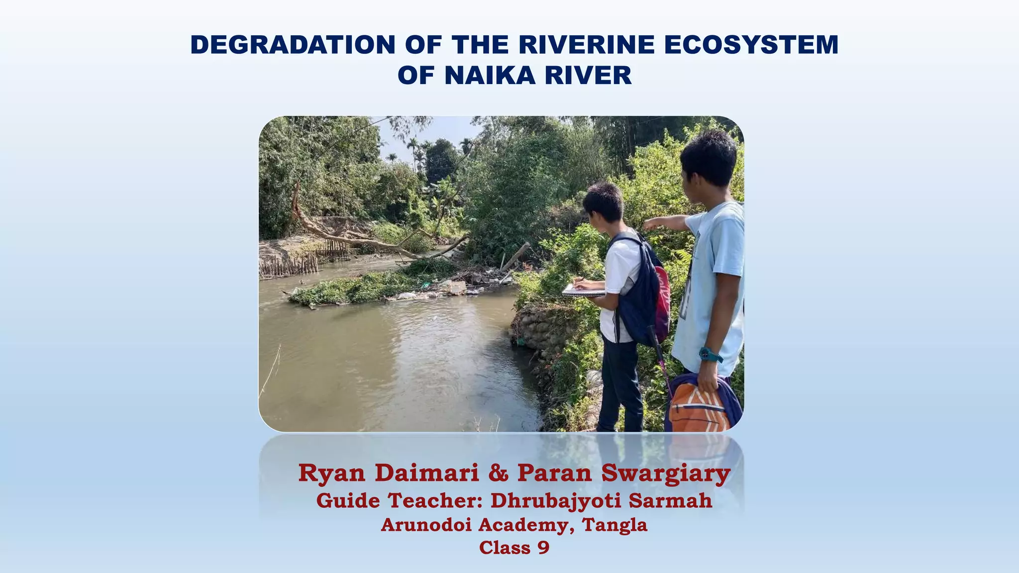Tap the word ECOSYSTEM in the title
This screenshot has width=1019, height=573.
point(751,45)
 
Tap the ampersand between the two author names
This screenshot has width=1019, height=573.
point(498,473)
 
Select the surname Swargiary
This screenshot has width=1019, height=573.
point(666,473)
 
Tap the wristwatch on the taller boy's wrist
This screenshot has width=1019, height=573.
point(710,355)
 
